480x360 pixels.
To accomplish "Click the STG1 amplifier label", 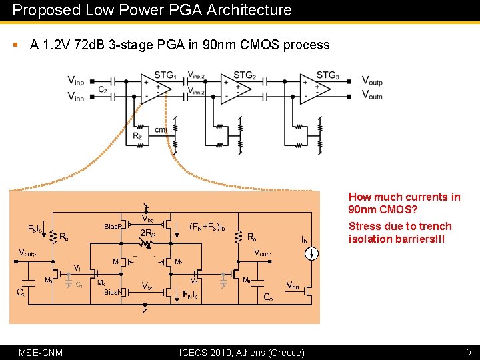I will click(165, 75).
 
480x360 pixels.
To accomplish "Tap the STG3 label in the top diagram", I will click(327, 75).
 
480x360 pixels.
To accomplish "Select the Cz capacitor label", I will click(103, 89).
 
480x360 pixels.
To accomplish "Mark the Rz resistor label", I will click(137, 136).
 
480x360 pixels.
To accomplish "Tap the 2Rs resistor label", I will click(147, 233).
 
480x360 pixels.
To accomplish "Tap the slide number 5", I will click(467, 352).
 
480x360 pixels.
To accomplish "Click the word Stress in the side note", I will click(364, 226).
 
